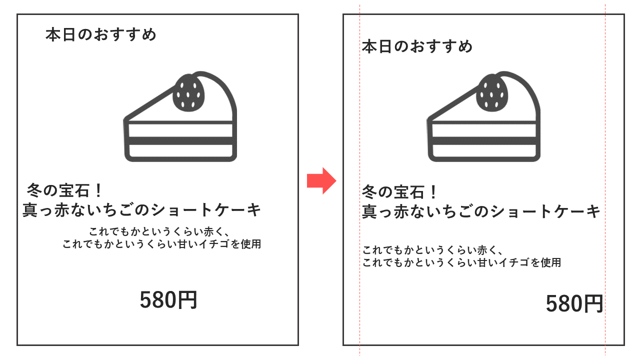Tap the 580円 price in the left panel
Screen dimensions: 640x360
(x=168, y=299)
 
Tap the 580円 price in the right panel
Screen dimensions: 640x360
(x=574, y=303)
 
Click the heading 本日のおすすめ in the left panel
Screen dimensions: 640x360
(x=101, y=34)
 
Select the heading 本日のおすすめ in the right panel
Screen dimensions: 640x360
(x=417, y=46)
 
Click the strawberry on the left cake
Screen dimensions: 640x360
(x=189, y=92)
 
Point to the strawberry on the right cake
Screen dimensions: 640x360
(x=492, y=92)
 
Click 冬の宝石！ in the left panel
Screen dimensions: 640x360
(x=64, y=190)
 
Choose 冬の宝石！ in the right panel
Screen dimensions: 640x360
(x=399, y=191)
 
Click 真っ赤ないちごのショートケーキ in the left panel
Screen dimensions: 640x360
(x=141, y=209)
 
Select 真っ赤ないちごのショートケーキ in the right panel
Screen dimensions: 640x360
(x=481, y=211)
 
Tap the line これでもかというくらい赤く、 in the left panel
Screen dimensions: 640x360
(x=160, y=231)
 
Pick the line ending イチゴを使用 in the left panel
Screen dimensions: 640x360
(x=161, y=244)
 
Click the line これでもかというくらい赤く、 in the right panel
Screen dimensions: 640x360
(x=433, y=250)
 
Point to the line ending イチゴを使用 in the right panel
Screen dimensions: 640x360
(x=461, y=262)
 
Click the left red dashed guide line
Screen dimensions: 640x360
(x=359, y=180)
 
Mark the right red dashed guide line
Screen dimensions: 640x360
(x=605, y=180)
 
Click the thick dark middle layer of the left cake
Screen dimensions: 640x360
(x=180, y=141)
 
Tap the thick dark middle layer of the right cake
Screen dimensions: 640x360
(x=484, y=141)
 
